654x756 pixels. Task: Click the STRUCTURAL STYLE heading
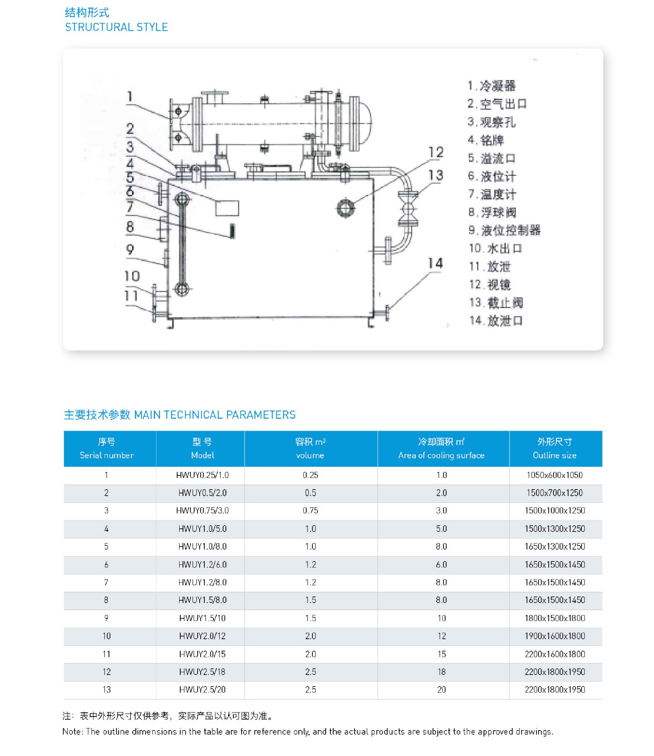116,27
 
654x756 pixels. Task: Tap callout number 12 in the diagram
436,152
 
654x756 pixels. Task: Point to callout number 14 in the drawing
435,263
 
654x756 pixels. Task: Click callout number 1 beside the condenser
130,97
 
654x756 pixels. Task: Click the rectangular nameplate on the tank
227,208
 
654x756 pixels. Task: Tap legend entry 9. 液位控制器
504,230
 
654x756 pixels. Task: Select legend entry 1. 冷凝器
492,86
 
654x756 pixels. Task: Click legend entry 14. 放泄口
496,321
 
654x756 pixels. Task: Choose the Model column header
202,449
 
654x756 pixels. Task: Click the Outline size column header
555,449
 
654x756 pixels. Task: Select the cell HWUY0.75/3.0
202,510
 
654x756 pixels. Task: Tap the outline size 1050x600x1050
555,475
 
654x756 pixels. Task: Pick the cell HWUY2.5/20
202,690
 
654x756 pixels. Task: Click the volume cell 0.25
310,475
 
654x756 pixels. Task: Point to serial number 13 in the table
106,690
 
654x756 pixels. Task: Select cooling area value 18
441,672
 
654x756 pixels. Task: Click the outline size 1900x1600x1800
555,636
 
